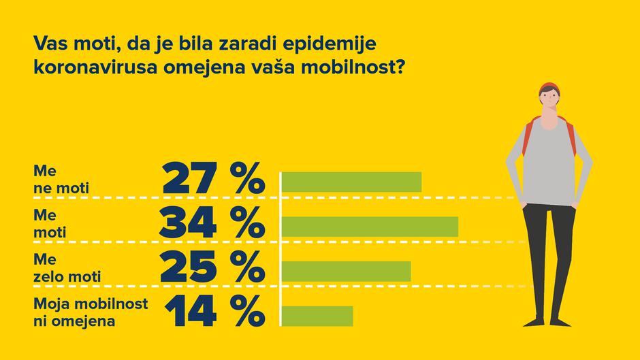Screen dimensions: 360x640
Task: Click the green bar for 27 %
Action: tap(351, 182)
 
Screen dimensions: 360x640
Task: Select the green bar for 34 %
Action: tap(370, 227)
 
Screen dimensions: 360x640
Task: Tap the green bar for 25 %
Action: tap(346, 270)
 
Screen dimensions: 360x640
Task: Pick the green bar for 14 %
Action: tap(317, 316)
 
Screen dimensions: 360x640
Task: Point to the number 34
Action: tap(188, 223)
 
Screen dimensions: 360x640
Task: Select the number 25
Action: tap(188, 267)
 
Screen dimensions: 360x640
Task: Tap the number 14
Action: tap(191, 312)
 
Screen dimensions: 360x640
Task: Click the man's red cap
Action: tap(548, 88)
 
